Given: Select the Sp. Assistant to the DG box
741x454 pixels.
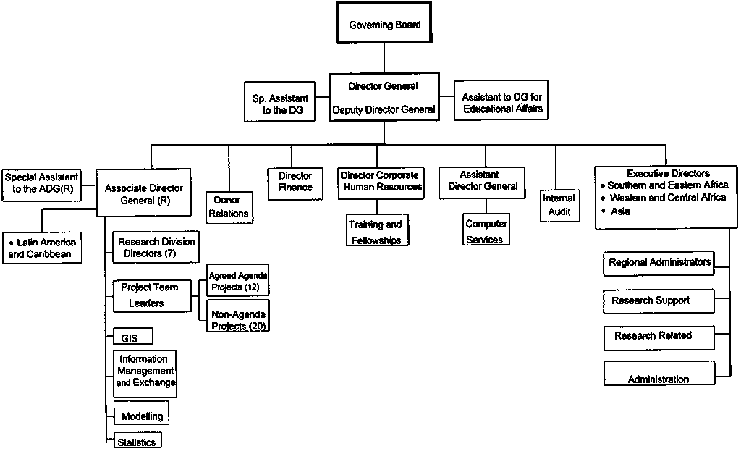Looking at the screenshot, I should point(280,104).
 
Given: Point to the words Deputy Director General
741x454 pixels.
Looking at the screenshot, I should point(384,110).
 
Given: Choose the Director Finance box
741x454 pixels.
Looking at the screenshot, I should point(295,181).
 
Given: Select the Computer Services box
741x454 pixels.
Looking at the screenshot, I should point(486,232).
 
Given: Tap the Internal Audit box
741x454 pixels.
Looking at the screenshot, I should point(559,204).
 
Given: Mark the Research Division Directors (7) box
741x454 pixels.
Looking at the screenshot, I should point(156,248).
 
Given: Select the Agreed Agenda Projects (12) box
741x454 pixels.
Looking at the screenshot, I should point(238,281).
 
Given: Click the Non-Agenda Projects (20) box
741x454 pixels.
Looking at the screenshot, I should point(238,319).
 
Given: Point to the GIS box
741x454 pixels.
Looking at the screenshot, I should point(132,337).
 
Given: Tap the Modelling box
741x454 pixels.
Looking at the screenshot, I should point(142,416).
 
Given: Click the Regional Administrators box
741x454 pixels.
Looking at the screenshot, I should point(659,262).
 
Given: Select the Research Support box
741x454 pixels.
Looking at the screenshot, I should point(659,300).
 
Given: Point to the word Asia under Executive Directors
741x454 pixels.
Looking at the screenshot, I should point(620,211).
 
